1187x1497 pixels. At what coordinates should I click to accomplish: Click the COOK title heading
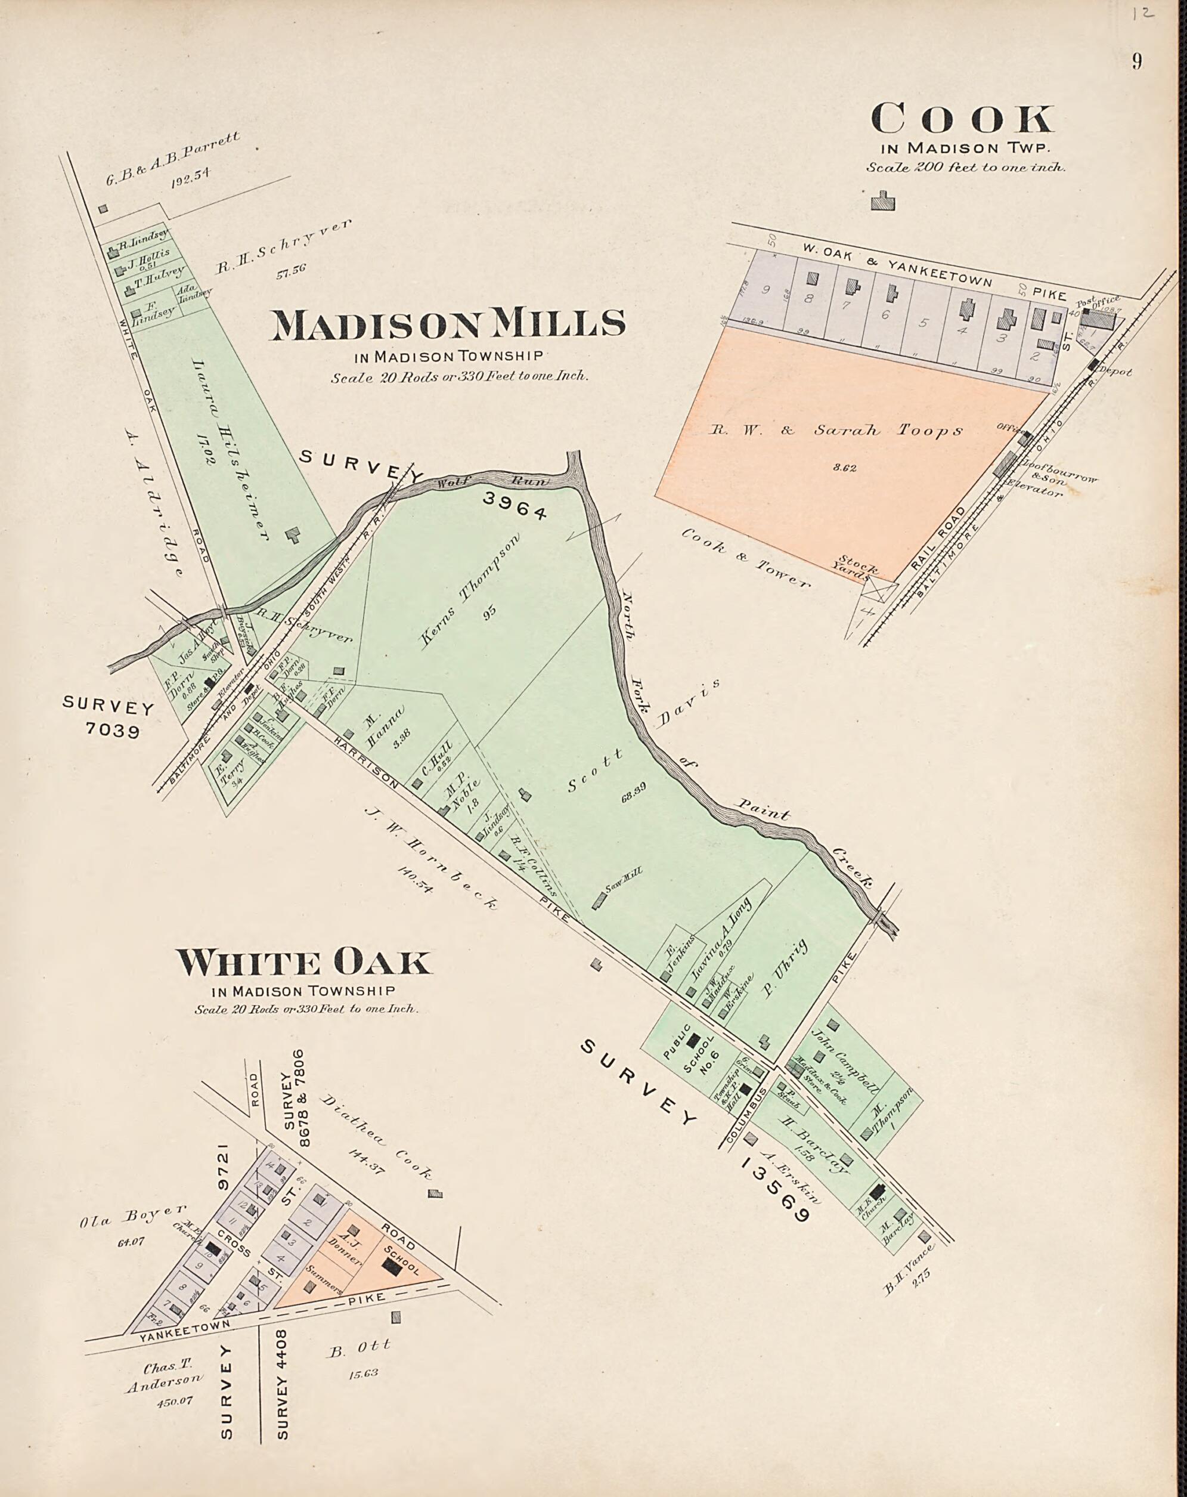click(962, 119)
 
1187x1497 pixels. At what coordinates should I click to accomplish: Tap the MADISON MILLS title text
click(447, 324)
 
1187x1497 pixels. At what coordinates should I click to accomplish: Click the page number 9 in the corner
click(1137, 62)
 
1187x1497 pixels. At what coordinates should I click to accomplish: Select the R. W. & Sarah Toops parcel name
click(835, 431)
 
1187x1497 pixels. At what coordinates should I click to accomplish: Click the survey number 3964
click(515, 505)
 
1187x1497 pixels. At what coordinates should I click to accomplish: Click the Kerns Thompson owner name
click(472, 591)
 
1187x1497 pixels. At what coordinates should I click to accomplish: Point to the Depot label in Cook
click(1115, 372)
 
